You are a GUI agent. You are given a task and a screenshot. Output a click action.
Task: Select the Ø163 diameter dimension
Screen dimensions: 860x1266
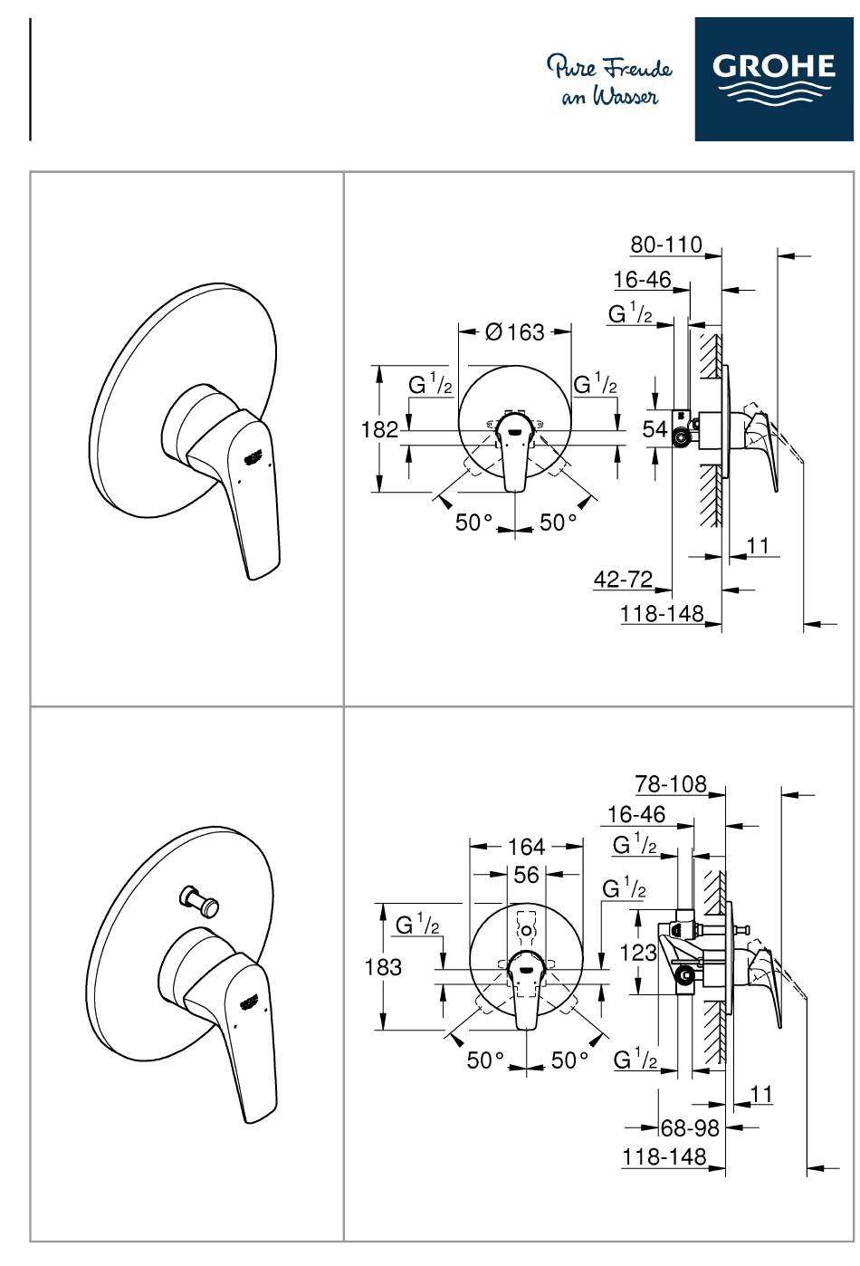click(515, 331)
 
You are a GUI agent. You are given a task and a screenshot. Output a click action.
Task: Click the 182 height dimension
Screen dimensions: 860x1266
click(379, 429)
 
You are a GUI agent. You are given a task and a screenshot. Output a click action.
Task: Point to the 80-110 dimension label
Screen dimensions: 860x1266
click(666, 245)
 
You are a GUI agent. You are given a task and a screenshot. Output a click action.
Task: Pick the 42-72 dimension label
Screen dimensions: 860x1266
click(623, 579)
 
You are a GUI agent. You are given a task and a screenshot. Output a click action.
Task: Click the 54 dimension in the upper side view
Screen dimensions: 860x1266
click(655, 429)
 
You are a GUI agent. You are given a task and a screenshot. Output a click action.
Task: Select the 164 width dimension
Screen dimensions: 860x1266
click(526, 847)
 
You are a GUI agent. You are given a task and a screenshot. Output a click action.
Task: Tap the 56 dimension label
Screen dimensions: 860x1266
click(526, 875)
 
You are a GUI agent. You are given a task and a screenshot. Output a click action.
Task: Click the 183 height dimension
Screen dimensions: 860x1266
click(383, 967)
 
